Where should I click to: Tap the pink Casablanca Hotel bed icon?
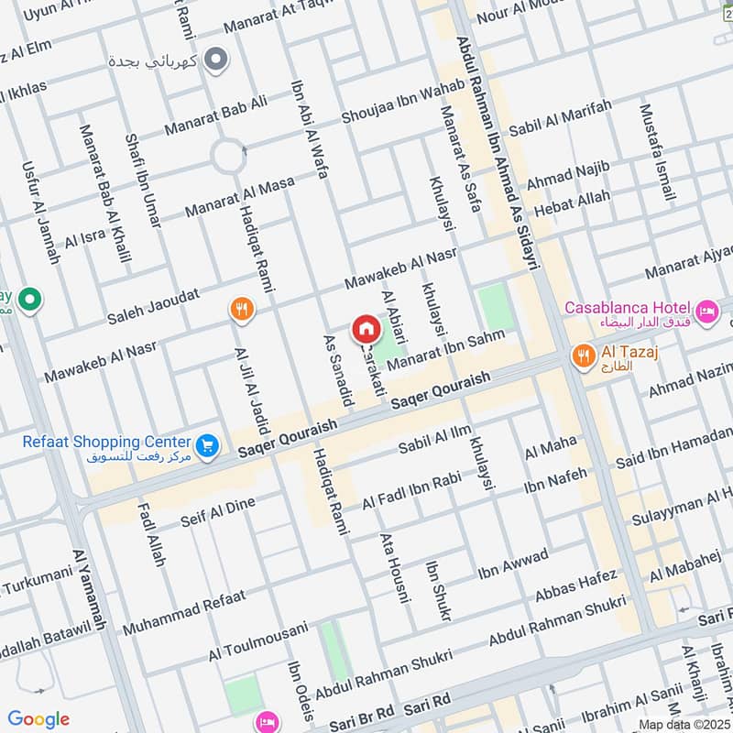point(706,313)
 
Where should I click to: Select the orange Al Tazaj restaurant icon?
point(581,356)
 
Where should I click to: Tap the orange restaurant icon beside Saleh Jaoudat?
point(242,310)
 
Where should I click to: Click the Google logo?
point(38,719)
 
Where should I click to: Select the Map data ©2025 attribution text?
point(683,724)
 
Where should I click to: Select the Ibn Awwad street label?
point(512,565)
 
